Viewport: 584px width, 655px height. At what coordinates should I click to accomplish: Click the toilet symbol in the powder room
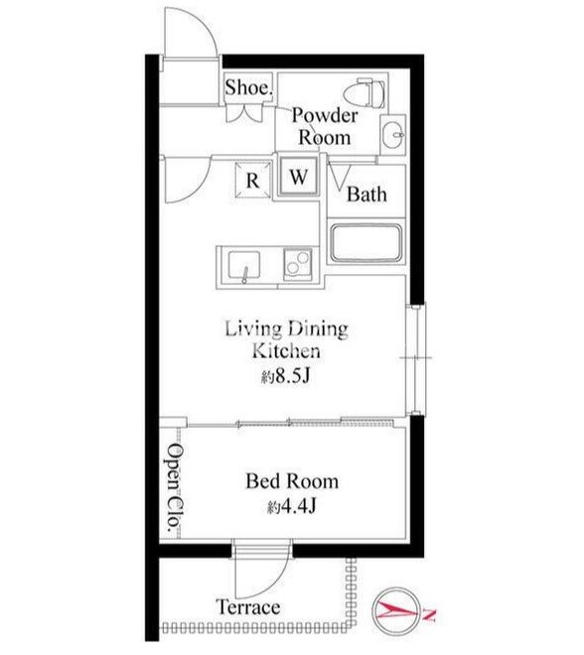coord(364,92)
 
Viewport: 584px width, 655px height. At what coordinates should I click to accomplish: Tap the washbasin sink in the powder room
coord(393,135)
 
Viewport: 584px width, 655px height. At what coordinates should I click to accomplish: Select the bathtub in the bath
coord(366,243)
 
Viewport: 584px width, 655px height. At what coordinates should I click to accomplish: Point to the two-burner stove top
coord(298,264)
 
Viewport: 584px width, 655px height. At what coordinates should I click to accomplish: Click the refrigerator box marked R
coord(253,180)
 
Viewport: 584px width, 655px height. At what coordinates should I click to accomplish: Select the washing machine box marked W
coord(299,176)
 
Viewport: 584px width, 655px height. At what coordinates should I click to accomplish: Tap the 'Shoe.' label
coord(248,87)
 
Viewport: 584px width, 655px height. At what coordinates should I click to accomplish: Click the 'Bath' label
coord(366,195)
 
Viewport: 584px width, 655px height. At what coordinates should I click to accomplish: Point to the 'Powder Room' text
coord(325,127)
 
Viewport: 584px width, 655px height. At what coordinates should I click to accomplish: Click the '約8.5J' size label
coord(286,377)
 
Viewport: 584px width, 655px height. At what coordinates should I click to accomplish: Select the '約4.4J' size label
coord(292,507)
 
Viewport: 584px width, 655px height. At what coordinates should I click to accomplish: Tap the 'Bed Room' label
coord(292,481)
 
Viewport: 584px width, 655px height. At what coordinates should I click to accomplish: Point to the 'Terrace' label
coord(248,607)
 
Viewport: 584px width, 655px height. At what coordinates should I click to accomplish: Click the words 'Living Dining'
coord(287,329)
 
